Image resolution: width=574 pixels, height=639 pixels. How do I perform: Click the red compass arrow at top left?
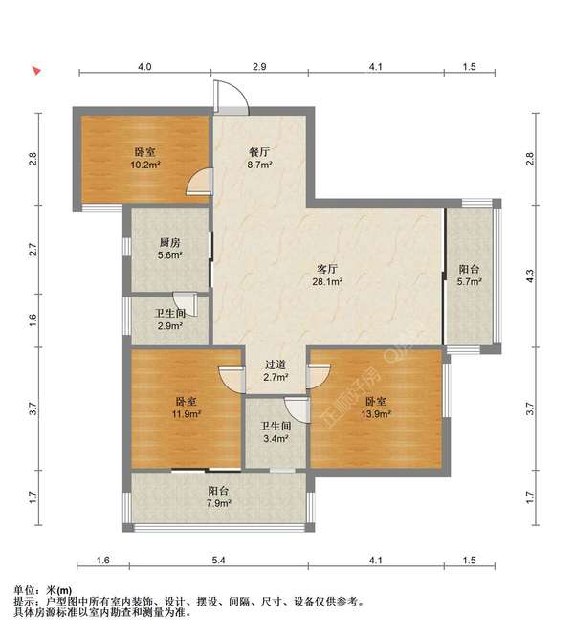(x=37, y=71)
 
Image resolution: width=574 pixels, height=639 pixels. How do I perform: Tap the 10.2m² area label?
(x=144, y=165)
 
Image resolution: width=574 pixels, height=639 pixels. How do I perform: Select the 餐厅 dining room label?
(x=259, y=152)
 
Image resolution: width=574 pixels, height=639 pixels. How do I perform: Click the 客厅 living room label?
(x=327, y=269)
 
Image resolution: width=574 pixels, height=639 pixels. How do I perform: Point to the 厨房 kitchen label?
(x=169, y=243)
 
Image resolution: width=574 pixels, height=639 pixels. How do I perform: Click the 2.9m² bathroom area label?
(x=169, y=326)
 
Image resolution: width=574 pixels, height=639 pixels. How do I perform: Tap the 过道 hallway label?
(x=276, y=365)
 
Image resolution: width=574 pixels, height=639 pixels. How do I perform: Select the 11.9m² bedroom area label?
(x=186, y=414)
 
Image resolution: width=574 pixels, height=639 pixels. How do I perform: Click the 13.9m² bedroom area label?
(x=375, y=414)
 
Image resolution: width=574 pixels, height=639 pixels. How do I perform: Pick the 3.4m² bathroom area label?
(x=276, y=439)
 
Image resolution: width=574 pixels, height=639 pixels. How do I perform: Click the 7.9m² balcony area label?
(x=218, y=503)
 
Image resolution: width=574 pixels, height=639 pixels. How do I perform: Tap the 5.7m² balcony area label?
(x=469, y=281)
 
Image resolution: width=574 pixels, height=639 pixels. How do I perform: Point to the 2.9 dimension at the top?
(x=259, y=66)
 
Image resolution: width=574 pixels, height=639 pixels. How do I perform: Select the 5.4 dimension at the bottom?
(x=218, y=561)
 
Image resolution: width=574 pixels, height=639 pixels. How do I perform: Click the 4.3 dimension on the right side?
(x=530, y=275)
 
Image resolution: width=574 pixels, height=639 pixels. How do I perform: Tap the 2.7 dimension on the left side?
(x=33, y=249)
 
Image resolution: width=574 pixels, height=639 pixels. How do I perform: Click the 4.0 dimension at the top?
(x=144, y=66)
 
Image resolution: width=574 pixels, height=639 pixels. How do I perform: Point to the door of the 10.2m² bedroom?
(x=200, y=182)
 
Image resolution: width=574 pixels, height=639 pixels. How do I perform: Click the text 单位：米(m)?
(x=43, y=590)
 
